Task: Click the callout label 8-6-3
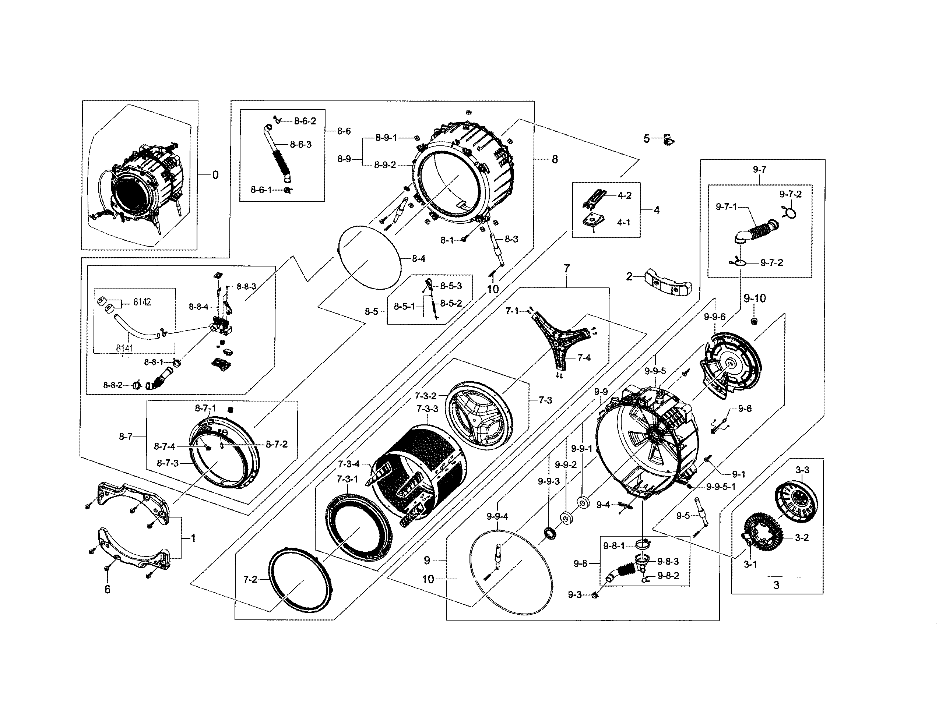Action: (x=300, y=144)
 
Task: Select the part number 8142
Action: (x=142, y=302)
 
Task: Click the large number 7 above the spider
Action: (x=566, y=269)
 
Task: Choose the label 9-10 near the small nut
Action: (x=755, y=298)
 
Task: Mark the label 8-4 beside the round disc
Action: (x=418, y=259)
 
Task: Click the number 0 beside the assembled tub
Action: (x=215, y=175)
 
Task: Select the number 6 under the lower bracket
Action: (x=108, y=590)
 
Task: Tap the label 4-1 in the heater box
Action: (x=623, y=223)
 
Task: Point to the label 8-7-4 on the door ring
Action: (x=165, y=446)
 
